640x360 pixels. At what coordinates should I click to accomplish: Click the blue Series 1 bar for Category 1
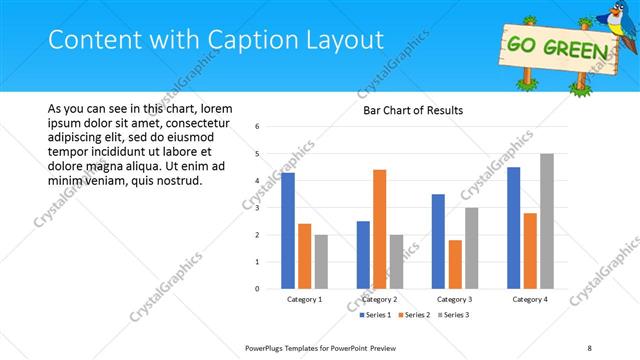[288, 231]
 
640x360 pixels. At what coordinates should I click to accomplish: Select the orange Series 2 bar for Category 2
[379, 229]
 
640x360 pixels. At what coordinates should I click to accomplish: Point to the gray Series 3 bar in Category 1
[321, 262]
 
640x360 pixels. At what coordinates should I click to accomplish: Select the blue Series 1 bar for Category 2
[362, 255]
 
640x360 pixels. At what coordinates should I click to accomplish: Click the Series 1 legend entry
[376, 315]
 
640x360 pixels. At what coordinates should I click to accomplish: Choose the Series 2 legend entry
[414, 315]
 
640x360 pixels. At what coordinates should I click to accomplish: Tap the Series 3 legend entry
[452, 315]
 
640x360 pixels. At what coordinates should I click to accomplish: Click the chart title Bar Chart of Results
[412, 110]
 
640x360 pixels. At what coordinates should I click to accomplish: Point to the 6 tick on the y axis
[258, 127]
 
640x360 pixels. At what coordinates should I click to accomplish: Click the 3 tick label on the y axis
[258, 208]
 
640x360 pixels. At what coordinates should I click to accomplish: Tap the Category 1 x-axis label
[304, 300]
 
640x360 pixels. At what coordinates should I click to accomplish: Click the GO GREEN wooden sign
[556, 48]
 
